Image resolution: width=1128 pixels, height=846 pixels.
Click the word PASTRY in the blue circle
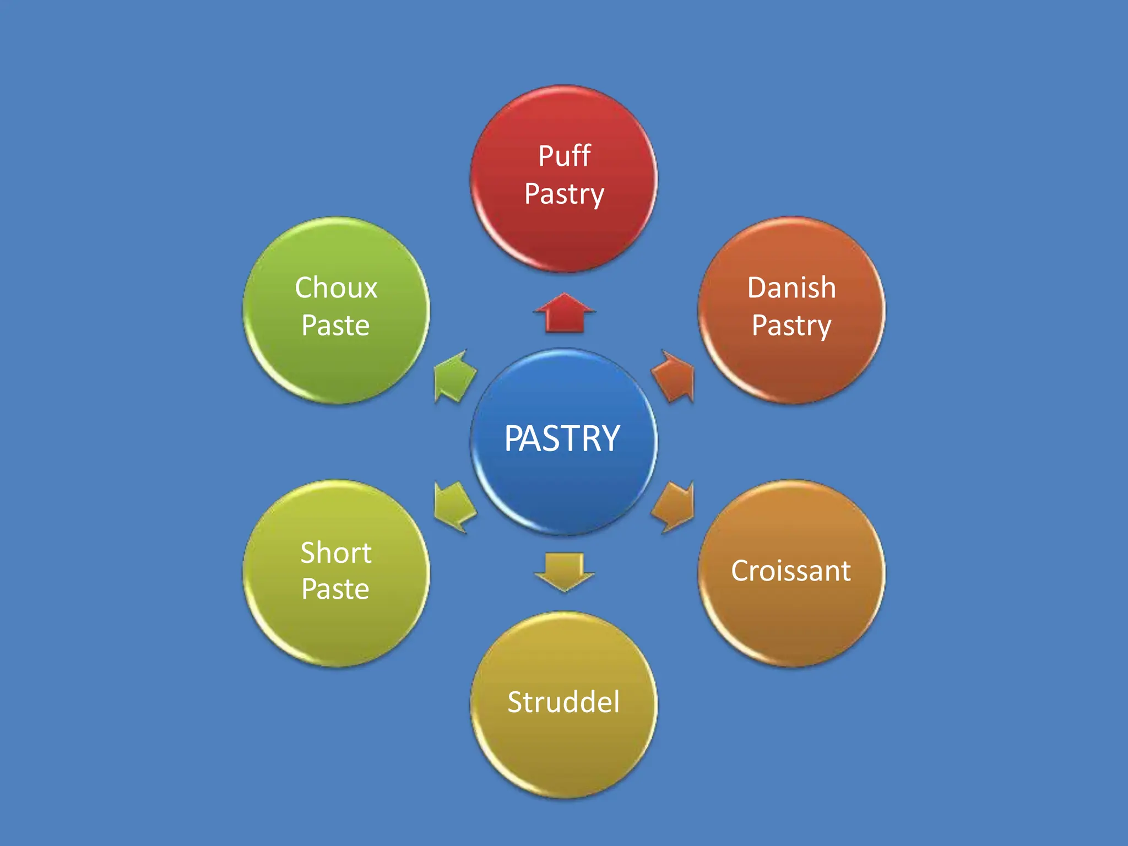[x=562, y=439]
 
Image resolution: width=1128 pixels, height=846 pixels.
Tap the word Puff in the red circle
[x=564, y=156]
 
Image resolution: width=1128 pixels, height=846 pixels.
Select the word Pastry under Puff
[x=564, y=194]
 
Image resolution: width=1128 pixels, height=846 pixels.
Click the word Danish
[x=791, y=288]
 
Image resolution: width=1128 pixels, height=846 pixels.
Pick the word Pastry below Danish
[x=791, y=326]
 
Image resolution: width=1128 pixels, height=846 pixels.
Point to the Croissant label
[x=791, y=571]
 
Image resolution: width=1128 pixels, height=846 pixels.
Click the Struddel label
[x=563, y=702]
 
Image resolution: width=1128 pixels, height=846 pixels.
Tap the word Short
[x=336, y=552]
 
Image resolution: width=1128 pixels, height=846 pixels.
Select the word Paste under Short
[x=335, y=589]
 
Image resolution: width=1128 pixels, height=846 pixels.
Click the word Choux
[x=336, y=288]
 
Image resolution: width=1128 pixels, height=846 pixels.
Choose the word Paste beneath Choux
[x=335, y=325]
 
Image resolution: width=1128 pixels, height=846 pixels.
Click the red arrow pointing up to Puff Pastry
[x=564, y=313]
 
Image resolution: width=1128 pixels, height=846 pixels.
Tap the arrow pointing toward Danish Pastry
[x=674, y=376]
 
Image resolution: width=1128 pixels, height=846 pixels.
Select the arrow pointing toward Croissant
[x=674, y=506]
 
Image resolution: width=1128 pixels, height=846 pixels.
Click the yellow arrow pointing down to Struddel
[x=564, y=571]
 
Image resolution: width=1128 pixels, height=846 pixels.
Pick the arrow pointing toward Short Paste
[x=454, y=506]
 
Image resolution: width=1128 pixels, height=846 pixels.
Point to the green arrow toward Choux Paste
[x=454, y=377]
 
